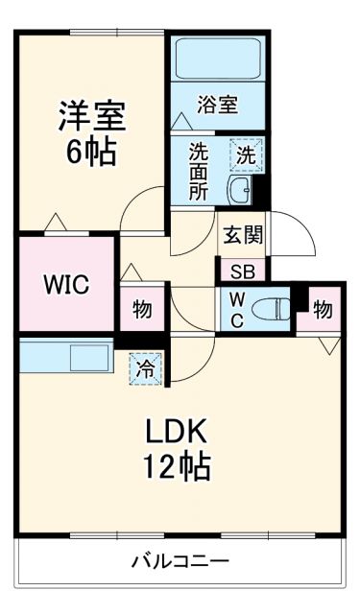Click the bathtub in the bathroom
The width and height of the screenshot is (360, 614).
[x=219, y=60]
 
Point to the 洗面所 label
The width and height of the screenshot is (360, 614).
[x=198, y=171]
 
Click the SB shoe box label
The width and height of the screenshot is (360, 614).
[x=240, y=272]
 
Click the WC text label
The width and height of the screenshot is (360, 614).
[x=236, y=308]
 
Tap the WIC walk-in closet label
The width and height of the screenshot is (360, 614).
[x=64, y=285]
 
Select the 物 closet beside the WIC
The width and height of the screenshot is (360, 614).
[x=141, y=309]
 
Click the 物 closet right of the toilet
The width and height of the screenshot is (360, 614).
[x=322, y=309]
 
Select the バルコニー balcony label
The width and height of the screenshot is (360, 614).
[x=180, y=561]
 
